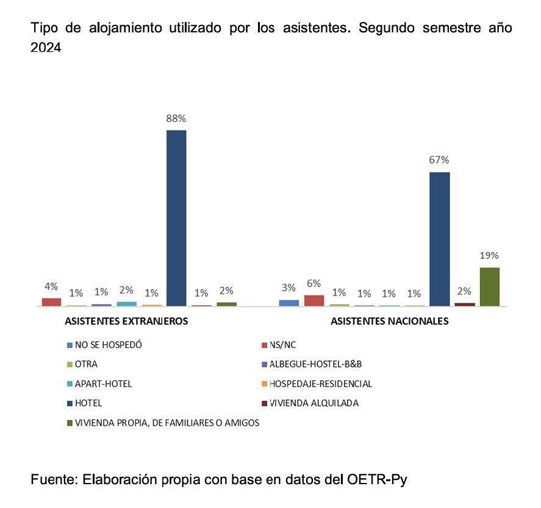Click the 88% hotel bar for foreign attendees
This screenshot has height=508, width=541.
[x=176, y=217]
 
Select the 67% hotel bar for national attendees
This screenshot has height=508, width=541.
[x=439, y=239]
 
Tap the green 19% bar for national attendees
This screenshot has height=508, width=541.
[x=489, y=286]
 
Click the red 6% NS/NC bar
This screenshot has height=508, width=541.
[x=313, y=300]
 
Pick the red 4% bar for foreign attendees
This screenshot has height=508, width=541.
[x=51, y=302]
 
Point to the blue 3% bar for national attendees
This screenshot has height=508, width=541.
[x=288, y=302]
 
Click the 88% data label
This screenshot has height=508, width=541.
[x=176, y=119]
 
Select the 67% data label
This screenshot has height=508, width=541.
[x=439, y=160]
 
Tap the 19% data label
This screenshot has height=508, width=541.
[x=489, y=255]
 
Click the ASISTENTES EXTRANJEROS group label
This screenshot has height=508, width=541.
[x=126, y=321]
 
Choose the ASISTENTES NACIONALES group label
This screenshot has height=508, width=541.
[x=389, y=321]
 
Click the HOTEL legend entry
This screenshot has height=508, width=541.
[x=88, y=403]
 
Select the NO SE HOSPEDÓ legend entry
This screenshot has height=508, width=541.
[x=108, y=345]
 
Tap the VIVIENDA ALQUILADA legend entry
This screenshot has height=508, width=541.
[x=313, y=403]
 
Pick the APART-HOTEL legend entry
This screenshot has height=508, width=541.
[x=103, y=384]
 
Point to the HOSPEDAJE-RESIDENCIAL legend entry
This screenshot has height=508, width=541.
[x=320, y=384]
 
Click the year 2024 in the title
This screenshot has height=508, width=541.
[x=46, y=48]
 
